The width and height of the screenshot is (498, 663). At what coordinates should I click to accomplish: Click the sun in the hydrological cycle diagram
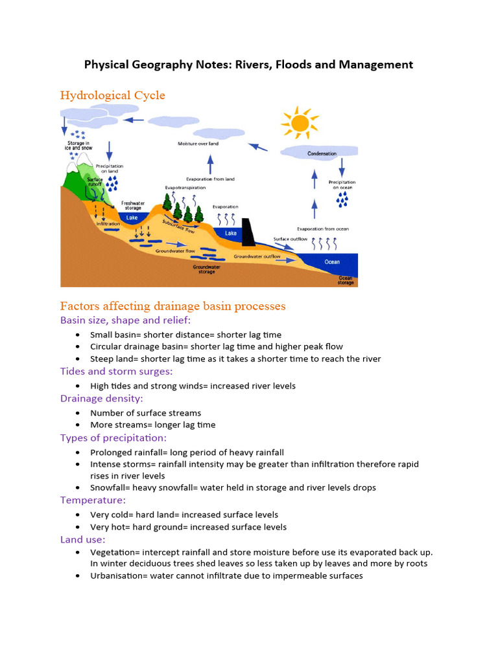(x=299, y=123)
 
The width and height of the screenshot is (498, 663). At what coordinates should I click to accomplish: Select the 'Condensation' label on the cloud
(x=322, y=153)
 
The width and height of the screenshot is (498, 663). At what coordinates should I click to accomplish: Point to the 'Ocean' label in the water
(x=332, y=262)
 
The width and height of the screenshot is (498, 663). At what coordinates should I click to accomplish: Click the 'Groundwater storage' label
(x=206, y=269)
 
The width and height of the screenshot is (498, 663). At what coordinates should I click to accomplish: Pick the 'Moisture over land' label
(x=198, y=143)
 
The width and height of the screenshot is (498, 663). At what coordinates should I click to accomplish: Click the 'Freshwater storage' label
(x=132, y=205)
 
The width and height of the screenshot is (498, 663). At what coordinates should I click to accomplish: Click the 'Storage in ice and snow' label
(x=79, y=145)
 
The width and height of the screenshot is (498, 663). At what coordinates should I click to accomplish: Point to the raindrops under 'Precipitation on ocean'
(x=342, y=199)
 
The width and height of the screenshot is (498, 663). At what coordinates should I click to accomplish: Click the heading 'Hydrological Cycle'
(x=112, y=96)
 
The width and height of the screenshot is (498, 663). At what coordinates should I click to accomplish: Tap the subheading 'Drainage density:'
(x=101, y=398)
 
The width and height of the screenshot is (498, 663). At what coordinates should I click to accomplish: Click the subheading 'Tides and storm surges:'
(x=116, y=371)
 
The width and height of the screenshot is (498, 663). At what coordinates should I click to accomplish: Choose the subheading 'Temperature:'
(x=93, y=500)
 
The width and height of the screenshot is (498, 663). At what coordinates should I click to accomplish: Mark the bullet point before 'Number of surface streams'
(x=78, y=413)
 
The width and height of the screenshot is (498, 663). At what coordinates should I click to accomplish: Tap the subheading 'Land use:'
(x=82, y=539)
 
